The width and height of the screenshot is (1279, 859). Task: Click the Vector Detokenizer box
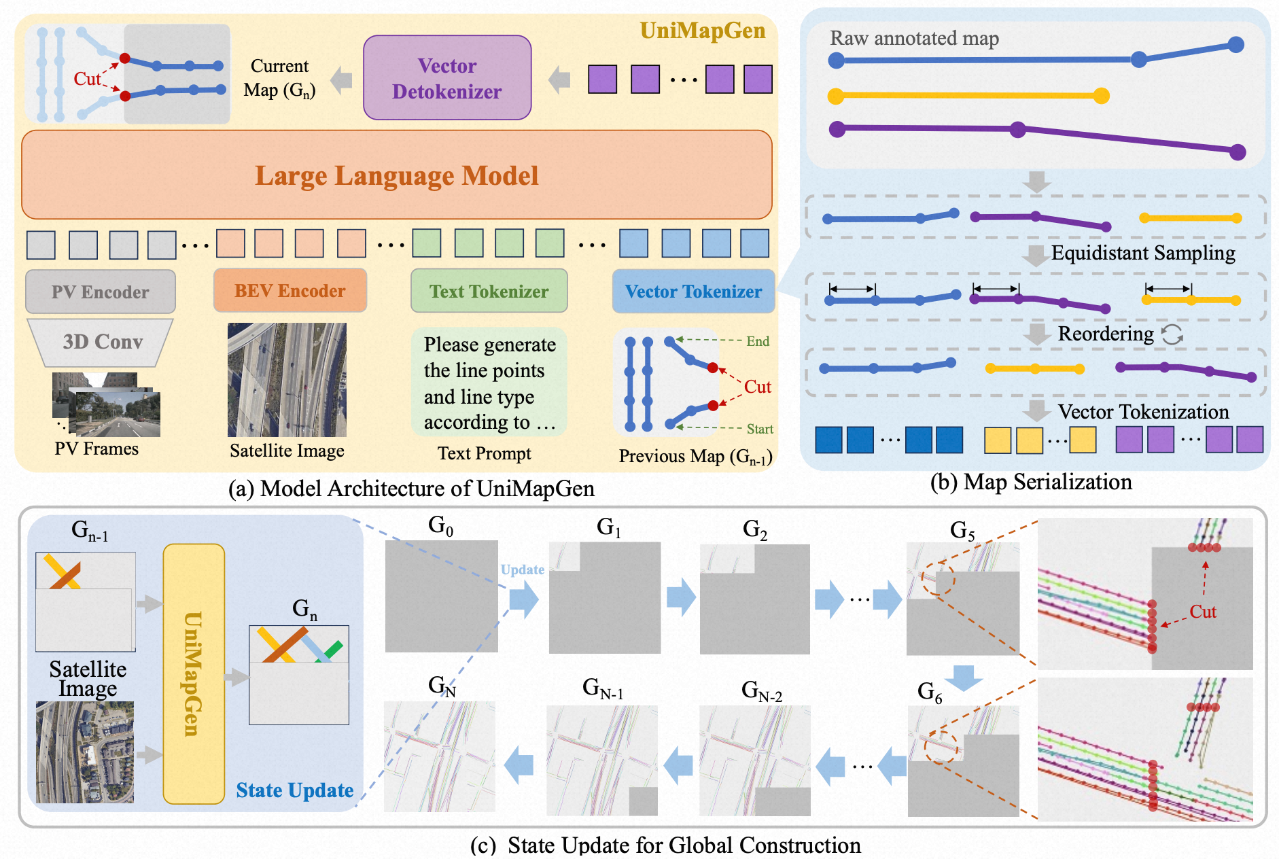coord(447,78)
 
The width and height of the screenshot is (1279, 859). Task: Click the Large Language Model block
coord(397,175)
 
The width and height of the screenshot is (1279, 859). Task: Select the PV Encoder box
coord(101,292)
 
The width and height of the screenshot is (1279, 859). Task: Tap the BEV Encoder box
coord(290,291)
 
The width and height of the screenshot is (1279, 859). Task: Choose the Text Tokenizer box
coord(489,292)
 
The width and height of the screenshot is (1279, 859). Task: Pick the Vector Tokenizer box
coord(693,292)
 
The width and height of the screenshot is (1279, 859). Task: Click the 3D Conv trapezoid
coord(102,342)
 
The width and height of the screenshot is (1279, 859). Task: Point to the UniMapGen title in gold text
coord(702,31)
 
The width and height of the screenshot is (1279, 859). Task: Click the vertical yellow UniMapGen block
coord(194,673)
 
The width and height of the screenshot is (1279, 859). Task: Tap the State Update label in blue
coord(294,790)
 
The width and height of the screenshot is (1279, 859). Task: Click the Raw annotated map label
coord(914,39)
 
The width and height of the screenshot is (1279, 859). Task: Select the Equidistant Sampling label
coord(1143,253)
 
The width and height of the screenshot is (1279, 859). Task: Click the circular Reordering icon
coord(1172,334)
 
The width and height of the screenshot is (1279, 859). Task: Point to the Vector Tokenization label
coord(1143,412)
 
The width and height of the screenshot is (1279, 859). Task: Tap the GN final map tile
coord(440,756)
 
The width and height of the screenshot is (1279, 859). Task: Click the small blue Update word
coord(522,569)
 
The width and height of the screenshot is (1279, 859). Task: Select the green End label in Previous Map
coord(758,341)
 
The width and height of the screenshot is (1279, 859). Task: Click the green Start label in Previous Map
coord(760,429)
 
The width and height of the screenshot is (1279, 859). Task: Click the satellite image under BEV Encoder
coord(287,380)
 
